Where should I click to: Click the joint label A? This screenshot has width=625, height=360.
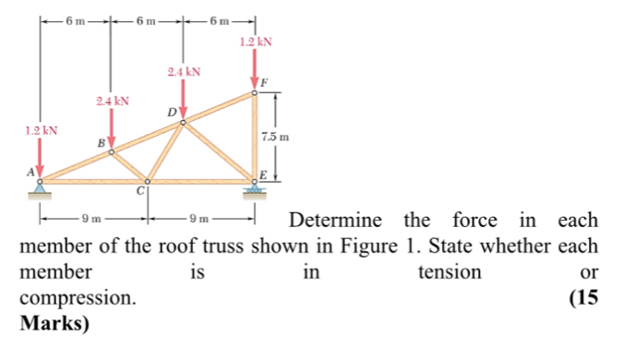point(30,171)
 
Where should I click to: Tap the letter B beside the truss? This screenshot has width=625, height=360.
point(102,143)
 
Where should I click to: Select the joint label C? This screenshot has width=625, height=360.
point(141,191)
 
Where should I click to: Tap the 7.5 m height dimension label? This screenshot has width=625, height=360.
point(276,137)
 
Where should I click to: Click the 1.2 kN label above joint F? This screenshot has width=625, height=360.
point(255,42)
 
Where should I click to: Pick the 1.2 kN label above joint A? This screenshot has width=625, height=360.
point(40,130)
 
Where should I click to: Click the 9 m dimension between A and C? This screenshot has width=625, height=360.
point(91,219)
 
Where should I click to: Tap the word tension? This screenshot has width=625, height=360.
point(450,272)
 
